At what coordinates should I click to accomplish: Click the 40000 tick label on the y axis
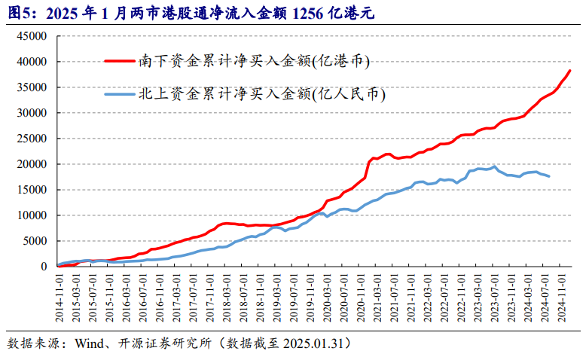34,62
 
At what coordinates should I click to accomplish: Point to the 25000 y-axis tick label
34,139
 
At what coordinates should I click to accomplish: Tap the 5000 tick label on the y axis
37,241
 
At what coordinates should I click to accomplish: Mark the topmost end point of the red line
570,71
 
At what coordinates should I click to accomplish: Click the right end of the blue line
549,176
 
